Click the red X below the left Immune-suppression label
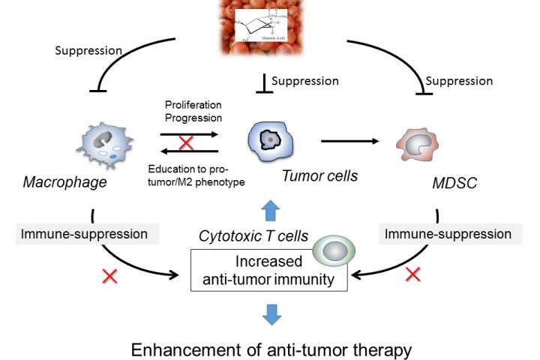coord(110,277)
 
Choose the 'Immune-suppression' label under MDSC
coord(448,233)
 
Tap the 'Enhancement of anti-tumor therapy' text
coord(271,349)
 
